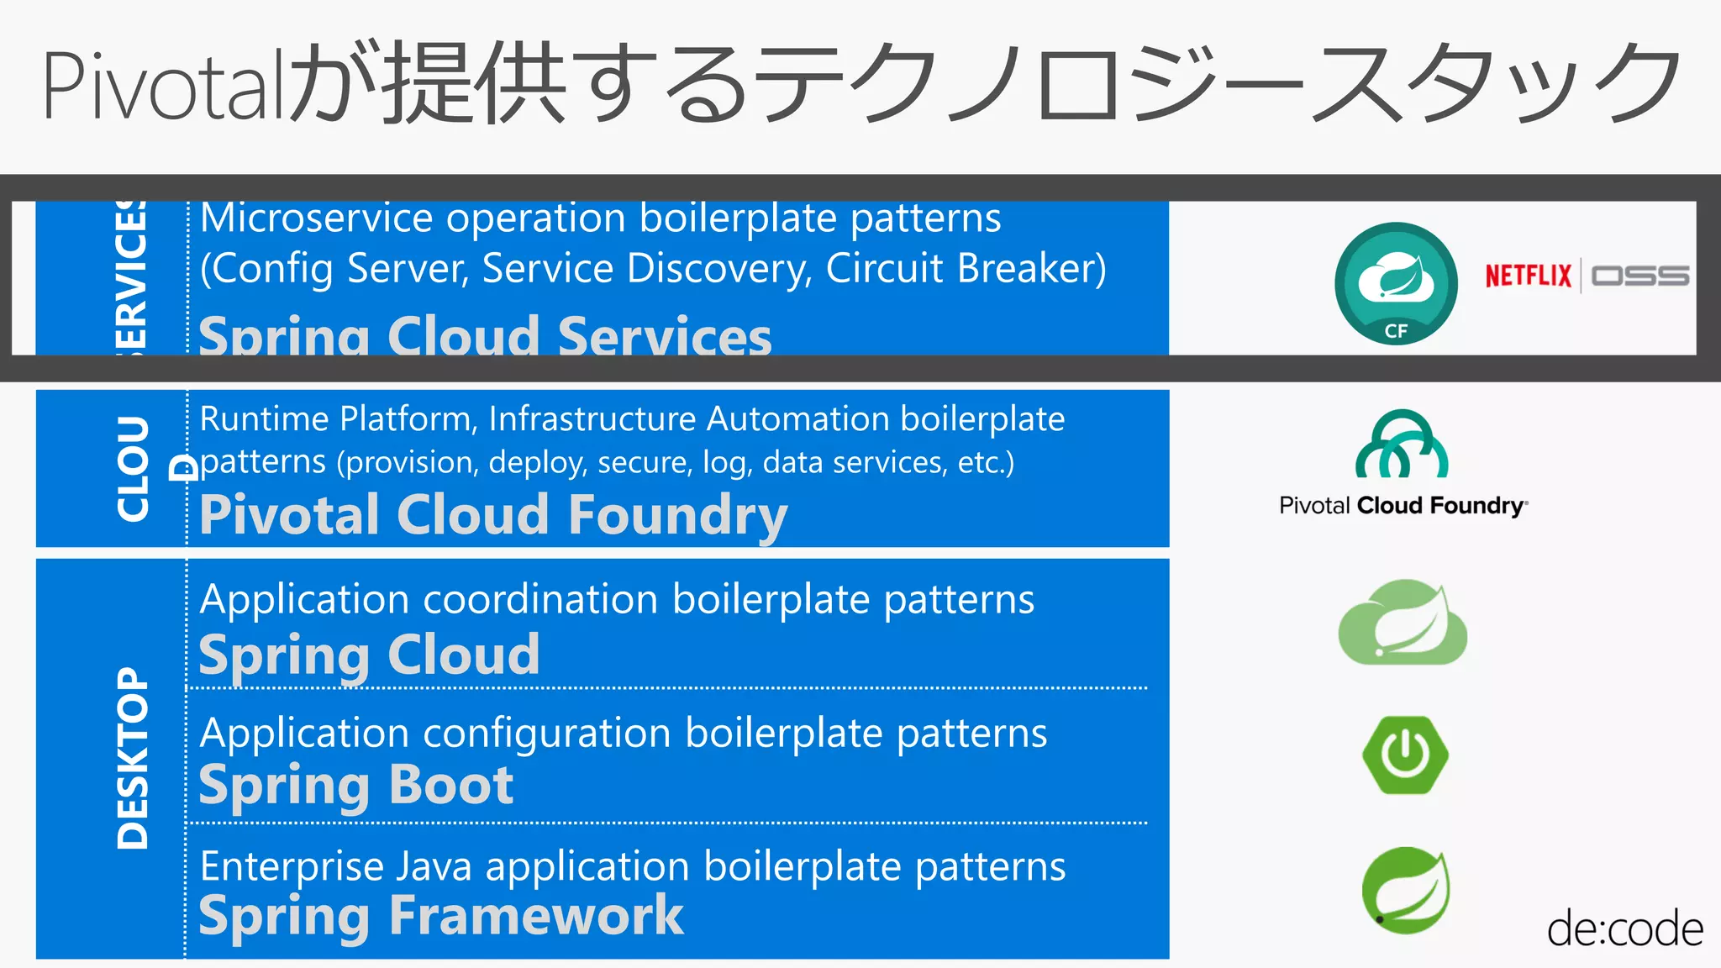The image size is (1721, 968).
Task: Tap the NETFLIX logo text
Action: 1528,276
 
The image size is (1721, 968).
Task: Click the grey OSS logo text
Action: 1639,276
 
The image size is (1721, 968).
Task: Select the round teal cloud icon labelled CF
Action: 1396,282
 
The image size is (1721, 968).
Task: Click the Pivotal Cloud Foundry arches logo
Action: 1402,445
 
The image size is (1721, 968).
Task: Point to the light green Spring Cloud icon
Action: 1403,623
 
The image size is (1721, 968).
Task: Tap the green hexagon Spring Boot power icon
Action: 1405,755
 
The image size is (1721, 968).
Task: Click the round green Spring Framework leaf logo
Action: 1405,890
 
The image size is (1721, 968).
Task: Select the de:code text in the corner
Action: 1624,929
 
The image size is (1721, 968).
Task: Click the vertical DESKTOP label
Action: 133,758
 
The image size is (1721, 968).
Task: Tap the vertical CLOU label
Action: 133,469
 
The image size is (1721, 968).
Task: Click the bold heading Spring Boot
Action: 355,786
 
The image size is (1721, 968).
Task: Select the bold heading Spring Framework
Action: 440,916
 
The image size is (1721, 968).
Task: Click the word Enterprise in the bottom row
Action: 292,867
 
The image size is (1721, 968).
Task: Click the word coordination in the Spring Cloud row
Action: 540,600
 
